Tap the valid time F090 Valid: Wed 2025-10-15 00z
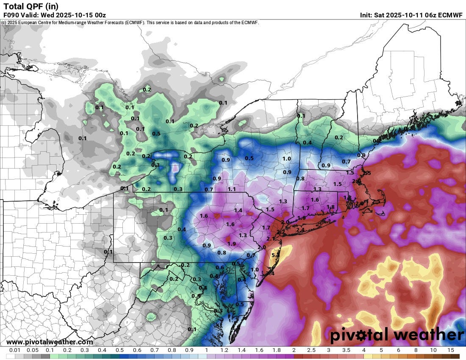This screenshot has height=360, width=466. coord(54,15)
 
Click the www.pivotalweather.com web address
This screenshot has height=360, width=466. coord(50,342)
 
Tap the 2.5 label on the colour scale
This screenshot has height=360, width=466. coord(311,350)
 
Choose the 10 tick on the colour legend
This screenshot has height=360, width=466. coord(433,350)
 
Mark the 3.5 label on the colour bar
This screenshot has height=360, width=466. coord(346,350)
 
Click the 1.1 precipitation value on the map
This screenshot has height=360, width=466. coord(232,189)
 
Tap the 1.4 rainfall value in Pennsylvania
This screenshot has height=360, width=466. coord(238,210)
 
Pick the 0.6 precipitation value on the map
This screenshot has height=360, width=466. coord(219,267)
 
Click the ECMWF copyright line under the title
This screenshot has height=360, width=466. coord(130,22)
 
